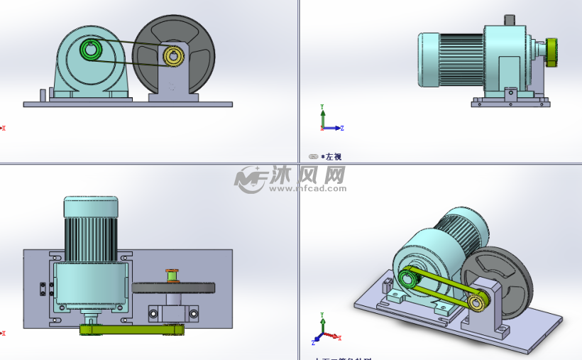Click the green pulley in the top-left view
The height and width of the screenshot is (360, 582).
coord(90,50)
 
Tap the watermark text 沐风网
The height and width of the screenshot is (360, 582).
coord(307,175)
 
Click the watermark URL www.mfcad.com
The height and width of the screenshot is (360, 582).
coord(307,189)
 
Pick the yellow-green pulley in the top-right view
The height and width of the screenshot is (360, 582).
coord(552,50)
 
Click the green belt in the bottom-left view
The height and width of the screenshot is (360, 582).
coord(132,329)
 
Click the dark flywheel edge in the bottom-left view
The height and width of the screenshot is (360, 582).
coord(173,288)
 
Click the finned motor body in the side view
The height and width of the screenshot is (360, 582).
coord(461,60)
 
